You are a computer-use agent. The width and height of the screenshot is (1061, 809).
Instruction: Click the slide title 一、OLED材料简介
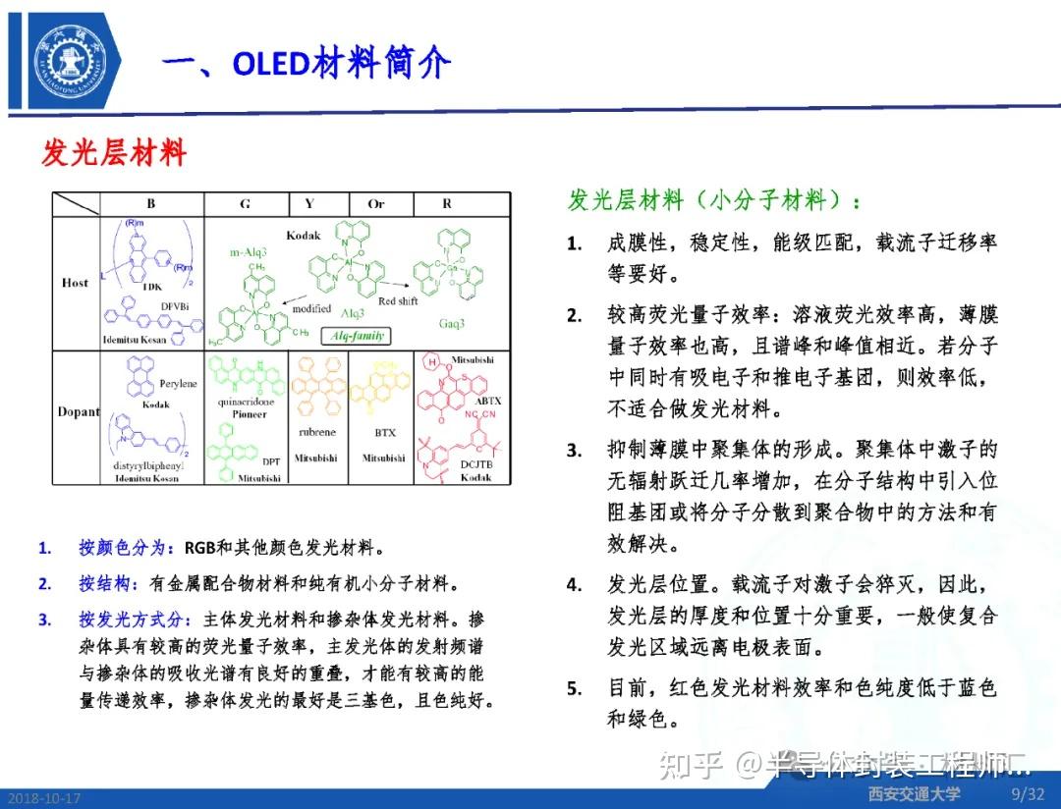(306, 63)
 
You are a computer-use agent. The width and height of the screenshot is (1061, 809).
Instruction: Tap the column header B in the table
(151, 204)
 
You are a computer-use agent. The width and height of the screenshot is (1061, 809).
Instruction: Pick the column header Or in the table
(376, 204)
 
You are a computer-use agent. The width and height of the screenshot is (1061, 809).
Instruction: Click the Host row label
(75, 283)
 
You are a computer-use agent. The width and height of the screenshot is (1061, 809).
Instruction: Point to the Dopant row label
(79, 411)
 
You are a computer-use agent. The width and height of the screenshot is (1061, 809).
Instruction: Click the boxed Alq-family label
(356, 336)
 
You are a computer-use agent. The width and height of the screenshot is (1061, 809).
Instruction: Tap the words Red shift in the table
(398, 301)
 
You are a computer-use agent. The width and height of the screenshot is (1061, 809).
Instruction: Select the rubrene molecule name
(317, 432)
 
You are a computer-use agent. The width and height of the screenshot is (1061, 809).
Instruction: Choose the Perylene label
(177, 383)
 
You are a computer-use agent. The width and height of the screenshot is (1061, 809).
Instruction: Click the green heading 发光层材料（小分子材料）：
(714, 200)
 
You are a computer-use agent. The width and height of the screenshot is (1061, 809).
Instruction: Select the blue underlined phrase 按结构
(103, 583)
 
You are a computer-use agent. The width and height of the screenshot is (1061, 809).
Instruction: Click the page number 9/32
(1028, 792)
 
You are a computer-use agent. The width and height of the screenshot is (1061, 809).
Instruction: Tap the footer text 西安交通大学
(914, 792)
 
